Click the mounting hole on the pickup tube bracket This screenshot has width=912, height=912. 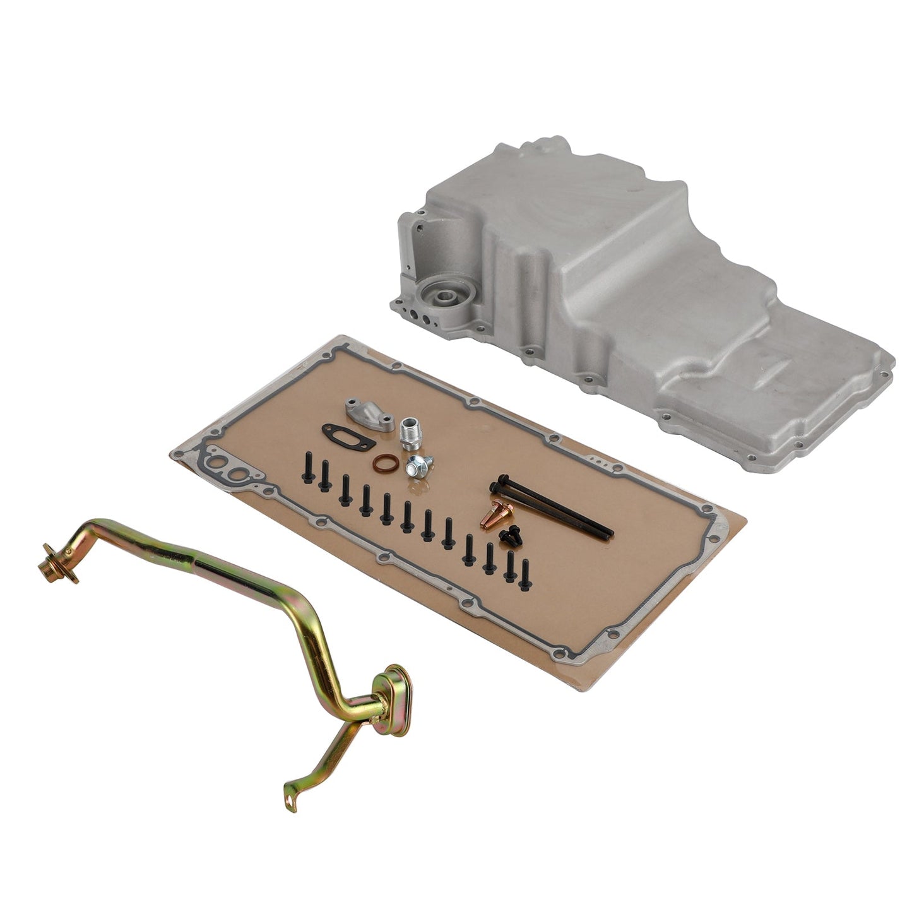click(x=292, y=802)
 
